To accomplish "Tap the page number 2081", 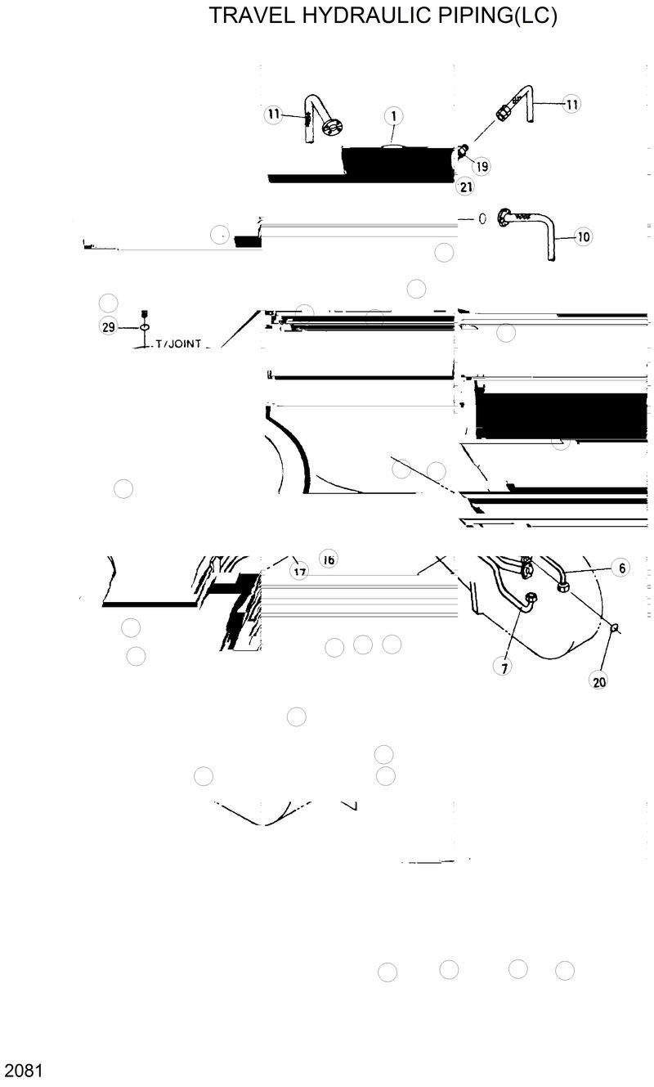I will coord(22,1070).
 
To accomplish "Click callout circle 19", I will coord(482,167).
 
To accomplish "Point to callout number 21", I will coord(465,187).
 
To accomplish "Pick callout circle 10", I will coord(583,237).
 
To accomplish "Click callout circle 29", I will coord(108,327).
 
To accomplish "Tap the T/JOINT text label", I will coord(179,345).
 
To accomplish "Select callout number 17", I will coord(300,572).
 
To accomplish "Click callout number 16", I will coord(329,559).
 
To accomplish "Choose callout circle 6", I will coord(620,568).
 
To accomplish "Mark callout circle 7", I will coord(505,667).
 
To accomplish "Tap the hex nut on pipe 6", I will coord(563,586).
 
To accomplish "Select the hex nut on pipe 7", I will coord(530,599).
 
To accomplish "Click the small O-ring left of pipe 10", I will coord(482,218).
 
